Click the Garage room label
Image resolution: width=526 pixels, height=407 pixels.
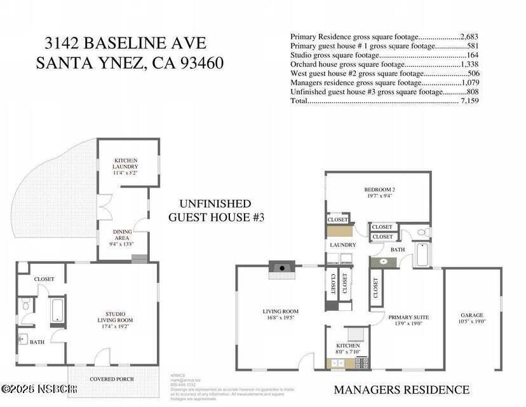coord(472,319)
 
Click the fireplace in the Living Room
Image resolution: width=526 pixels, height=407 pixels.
coord(281,267)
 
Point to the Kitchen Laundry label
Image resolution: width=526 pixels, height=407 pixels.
coord(125,167)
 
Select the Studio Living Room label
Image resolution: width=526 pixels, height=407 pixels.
coord(115,320)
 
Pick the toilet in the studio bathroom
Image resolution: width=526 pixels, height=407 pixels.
coord(25,306)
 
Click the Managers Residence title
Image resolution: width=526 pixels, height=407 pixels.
coord(401,389)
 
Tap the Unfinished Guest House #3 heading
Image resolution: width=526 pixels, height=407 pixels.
coord(215,210)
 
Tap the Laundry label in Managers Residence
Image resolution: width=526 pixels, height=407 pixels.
coord(342,245)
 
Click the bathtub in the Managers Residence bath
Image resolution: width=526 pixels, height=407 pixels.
coord(422,255)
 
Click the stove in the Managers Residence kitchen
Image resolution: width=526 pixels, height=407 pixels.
coord(361,362)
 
